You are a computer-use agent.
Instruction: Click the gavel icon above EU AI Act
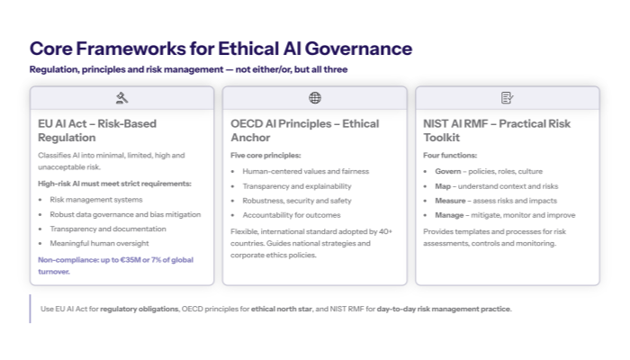click(x=121, y=97)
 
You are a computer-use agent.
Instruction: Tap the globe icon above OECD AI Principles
click(x=314, y=97)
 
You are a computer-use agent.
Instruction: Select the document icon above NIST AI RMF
click(x=507, y=97)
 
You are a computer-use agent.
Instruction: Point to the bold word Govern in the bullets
click(x=448, y=170)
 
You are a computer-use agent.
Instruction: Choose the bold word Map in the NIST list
click(x=444, y=185)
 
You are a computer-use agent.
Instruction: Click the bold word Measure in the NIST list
click(x=451, y=200)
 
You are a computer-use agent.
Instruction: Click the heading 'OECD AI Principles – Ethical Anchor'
click(x=304, y=130)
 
